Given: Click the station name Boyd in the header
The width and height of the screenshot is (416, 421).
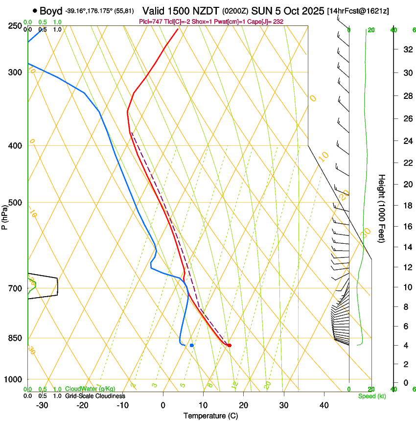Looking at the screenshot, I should coord(51,10).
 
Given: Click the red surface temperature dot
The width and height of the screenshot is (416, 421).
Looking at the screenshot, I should coord(229,346).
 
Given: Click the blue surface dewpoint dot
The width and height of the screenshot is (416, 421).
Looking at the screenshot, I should coord(192,346).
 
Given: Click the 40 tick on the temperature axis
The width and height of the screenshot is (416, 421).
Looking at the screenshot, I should coord(324,405).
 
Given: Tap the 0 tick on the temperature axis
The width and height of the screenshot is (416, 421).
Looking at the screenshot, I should coord(163,405).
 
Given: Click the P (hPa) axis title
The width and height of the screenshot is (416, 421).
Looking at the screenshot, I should coord(4,215).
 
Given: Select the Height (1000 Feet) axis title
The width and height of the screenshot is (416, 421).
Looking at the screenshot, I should coord(382,209).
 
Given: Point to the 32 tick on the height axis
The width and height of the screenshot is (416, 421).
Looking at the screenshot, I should coord(406,49).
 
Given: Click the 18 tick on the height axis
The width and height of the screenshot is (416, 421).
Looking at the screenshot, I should coord(406,206).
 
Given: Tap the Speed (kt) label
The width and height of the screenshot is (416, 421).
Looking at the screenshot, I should coord(371,396).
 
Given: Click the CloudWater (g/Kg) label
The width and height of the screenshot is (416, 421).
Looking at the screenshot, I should coord(90,389).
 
